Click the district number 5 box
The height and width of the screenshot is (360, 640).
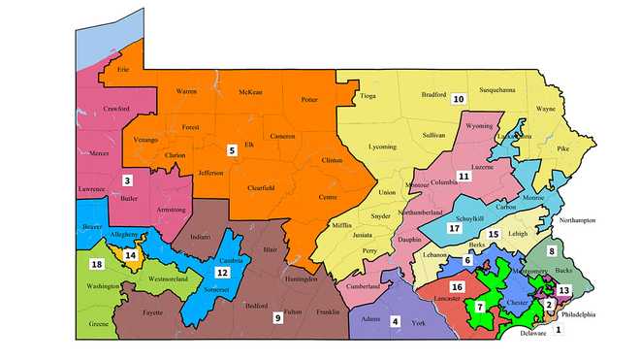(231, 150)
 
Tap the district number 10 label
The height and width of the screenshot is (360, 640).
(459, 98)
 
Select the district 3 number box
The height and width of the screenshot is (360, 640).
(127, 180)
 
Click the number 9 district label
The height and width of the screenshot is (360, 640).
(276, 317)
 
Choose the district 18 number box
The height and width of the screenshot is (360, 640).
(96, 265)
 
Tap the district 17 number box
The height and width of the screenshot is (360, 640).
(453, 229)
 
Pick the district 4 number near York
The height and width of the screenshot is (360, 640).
(395, 321)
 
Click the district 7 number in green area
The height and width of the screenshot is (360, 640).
(479, 307)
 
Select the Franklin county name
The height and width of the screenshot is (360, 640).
(327, 311)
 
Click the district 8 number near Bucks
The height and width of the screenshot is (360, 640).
(552, 252)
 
